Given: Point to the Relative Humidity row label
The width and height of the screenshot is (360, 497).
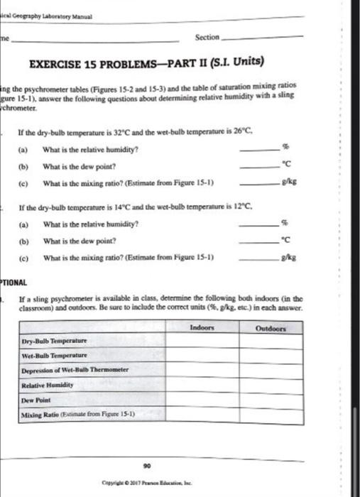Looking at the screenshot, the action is tap(47, 381).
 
